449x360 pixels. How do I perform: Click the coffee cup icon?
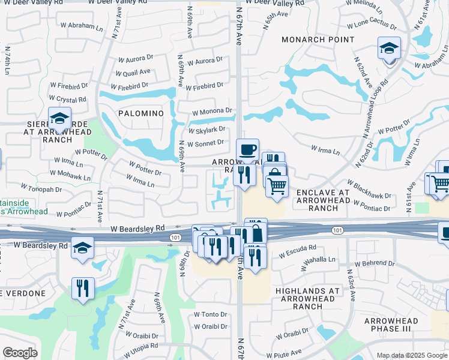247,150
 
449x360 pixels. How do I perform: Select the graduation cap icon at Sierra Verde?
59,119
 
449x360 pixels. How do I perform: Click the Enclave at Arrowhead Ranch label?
323,200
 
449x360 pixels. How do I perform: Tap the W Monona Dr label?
212,112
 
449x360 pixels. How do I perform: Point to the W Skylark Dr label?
206,130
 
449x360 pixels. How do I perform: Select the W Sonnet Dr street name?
205,143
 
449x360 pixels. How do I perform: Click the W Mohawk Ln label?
71,175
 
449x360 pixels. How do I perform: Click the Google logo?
20,353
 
